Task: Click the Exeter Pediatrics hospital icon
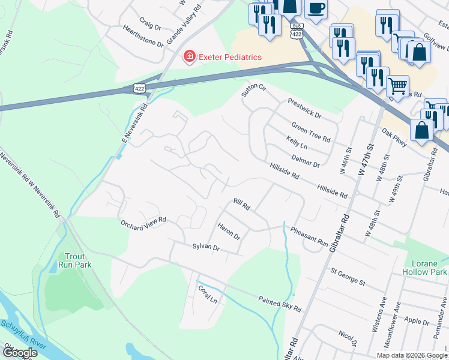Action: point(189,57)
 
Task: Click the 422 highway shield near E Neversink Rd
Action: point(139,88)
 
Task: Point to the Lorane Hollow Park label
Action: point(429,268)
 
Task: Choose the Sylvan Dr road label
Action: point(206,247)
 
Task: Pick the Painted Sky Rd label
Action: point(279,303)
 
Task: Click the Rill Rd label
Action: point(242,204)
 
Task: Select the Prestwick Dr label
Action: point(304,107)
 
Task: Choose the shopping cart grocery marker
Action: point(397,86)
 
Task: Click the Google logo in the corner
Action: point(19,353)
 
